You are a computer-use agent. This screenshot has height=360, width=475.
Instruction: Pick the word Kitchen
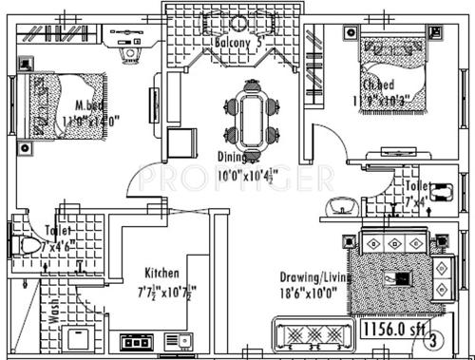163,271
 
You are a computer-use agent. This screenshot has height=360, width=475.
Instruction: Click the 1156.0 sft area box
395,329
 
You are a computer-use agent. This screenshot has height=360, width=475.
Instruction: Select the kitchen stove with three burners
133,339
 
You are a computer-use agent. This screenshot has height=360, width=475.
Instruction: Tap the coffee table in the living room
399,278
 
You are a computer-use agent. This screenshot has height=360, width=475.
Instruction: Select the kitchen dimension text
163,290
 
